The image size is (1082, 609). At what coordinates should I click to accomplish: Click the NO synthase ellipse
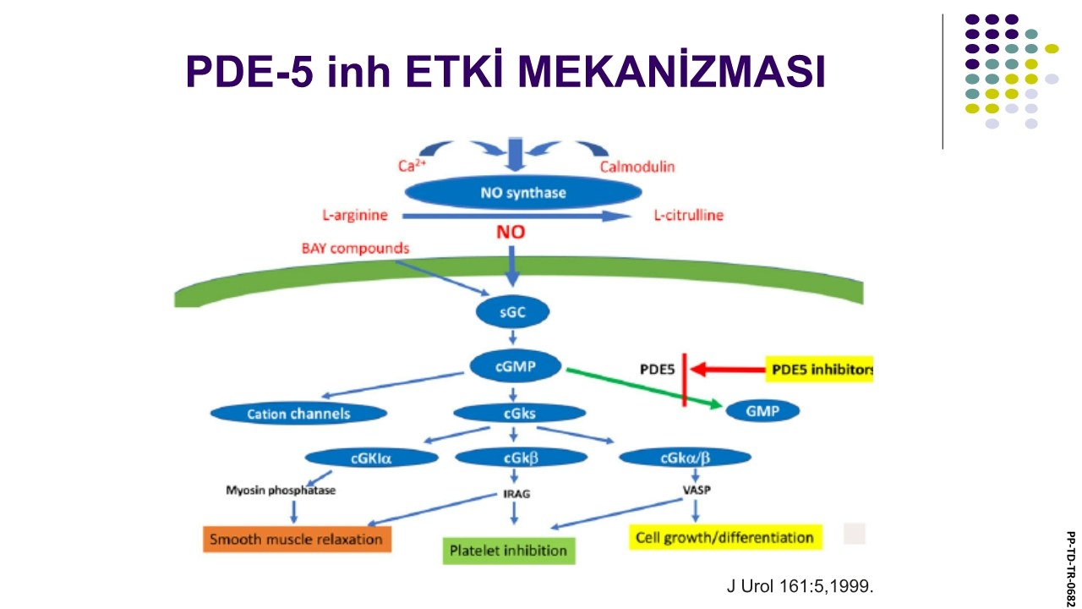(523, 192)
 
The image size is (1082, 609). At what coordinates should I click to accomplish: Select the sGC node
(512, 312)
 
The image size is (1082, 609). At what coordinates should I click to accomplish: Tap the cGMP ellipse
(516, 366)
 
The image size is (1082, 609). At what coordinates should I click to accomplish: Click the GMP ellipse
(762, 411)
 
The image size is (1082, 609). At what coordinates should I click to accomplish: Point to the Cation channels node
(298, 414)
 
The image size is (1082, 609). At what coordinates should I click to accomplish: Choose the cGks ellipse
(520, 414)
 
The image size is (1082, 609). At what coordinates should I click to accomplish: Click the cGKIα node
(371, 458)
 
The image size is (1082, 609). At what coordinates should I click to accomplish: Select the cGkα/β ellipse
(685, 458)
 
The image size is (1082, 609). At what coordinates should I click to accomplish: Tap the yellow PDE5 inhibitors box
(820, 370)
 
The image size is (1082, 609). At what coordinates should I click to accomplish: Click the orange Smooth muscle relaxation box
(297, 539)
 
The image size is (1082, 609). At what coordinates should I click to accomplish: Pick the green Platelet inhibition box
(509, 551)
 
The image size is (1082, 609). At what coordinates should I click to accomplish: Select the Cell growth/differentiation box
(725, 537)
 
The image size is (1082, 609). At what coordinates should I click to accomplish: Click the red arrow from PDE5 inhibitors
(728, 370)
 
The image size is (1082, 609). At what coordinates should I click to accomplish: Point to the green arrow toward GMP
(644, 388)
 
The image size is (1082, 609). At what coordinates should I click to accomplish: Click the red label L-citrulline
(689, 215)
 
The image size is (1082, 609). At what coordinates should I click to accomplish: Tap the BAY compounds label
(356, 249)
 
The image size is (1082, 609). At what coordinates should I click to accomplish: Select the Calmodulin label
(637, 167)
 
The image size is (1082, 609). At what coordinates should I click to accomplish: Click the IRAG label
(516, 494)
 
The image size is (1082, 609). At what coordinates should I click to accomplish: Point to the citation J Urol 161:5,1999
(800, 586)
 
